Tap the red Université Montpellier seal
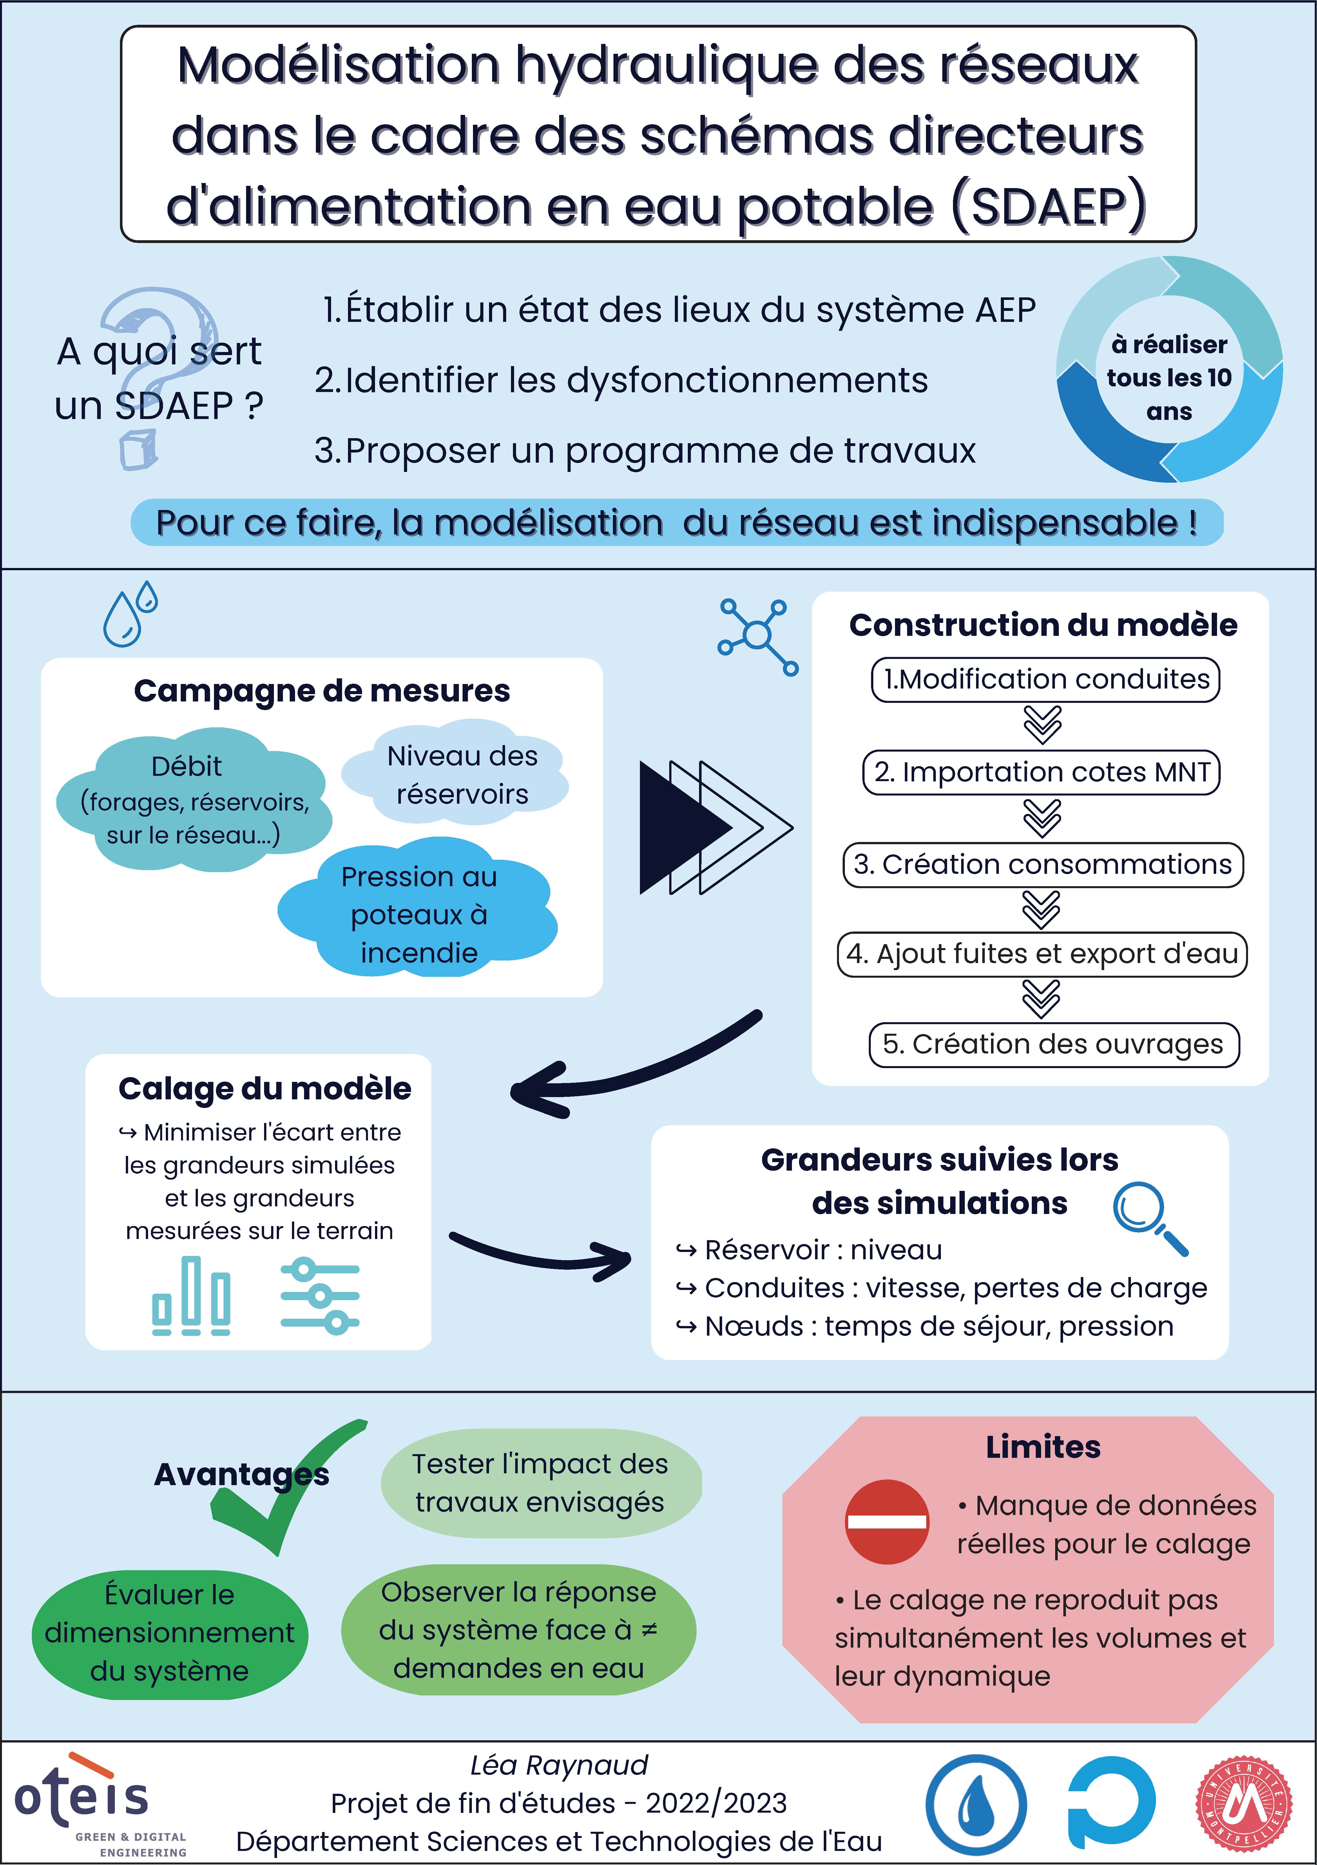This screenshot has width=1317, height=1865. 1243,1804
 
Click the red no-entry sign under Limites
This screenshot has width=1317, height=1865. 887,1521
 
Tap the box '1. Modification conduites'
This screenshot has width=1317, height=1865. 1046,679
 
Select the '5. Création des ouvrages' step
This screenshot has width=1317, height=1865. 1053,1044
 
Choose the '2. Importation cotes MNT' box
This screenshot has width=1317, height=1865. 1042,772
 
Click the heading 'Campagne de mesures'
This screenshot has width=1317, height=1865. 322,690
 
